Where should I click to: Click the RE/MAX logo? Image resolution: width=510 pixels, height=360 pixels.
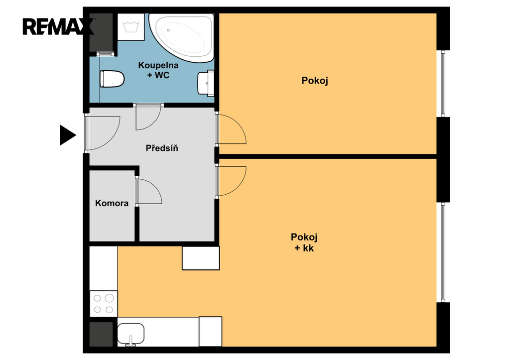pyautogui.click(x=58, y=27)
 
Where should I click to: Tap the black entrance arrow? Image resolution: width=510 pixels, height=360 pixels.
pyautogui.click(x=67, y=135)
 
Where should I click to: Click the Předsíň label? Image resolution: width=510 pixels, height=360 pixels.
pyautogui.click(x=162, y=148)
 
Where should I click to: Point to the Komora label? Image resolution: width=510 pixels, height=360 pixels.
pyautogui.click(x=112, y=203)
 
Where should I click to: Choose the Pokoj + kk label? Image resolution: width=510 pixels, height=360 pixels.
pyautogui.click(x=304, y=242)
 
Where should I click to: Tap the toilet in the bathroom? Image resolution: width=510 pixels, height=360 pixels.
pyautogui.click(x=112, y=79)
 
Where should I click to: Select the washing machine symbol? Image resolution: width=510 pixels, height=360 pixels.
pyautogui.click(x=131, y=27)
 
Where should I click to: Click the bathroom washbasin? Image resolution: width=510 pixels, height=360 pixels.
pyautogui.click(x=206, y=83)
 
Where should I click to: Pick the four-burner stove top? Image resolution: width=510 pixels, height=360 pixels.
pyautogui.click(x=104, y=303)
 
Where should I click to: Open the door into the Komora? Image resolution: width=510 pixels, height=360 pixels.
pyautogui.click(x=149, y=191)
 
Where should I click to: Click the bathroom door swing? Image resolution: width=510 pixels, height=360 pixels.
pyautogui.click(x=148, y=117)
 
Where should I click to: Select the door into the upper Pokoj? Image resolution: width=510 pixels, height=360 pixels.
pyautogui.click(x=232, y=129)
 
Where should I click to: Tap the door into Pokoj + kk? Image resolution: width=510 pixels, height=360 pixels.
pyautogui.click(x=232, y=181)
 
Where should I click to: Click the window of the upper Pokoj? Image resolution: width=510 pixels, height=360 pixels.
pyautogui.click(x=443, y=84)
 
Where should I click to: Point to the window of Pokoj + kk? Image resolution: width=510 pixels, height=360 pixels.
pyautogui.click(x=443, y=252)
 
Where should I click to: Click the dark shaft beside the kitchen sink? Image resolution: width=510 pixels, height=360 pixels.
pyautogui.click(x=101, y=334)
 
